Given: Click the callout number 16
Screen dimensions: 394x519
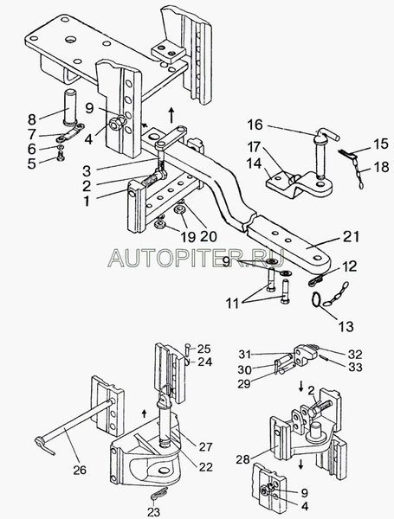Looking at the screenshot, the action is coord(255,125).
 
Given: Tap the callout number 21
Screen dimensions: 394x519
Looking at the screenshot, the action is coord(352,237).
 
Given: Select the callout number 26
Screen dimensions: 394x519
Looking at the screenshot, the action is coord(80,470).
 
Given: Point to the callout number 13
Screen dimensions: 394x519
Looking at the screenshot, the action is coord(346,326).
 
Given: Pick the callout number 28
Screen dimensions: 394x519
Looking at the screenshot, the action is coord(243,459).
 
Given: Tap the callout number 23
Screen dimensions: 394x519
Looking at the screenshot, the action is coord(154,512).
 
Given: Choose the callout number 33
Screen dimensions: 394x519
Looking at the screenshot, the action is coord(355,368).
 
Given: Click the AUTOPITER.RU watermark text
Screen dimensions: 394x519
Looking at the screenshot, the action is coord(196,258).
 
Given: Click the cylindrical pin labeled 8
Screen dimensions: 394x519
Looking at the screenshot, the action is coord(70,107).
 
